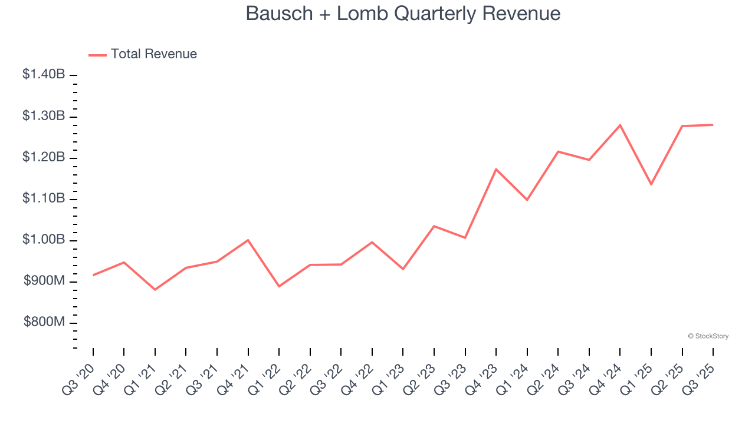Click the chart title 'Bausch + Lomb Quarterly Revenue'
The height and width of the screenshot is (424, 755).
tap(403, 14)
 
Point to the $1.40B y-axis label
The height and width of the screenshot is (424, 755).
tap(44, 75)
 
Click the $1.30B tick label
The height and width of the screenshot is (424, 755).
tap(44, 116)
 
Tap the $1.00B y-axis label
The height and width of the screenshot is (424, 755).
tap(44, 240)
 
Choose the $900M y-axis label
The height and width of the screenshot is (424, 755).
tap(44, 281)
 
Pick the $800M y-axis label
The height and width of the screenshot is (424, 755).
tap(44, 323)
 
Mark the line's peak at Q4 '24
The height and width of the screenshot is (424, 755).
tap(621, 125)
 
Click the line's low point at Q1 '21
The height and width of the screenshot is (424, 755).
tap(155, 290)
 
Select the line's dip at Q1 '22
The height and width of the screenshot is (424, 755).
tap(279, 286)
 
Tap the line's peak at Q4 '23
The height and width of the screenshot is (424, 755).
tap(496, 169)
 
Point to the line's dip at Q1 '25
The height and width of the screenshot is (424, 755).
tap(651, 184)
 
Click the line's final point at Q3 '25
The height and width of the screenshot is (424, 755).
tap(713, 125)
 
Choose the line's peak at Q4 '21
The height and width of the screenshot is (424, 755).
tap(248, 240)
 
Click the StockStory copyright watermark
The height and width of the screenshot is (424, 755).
tap(708, 336)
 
